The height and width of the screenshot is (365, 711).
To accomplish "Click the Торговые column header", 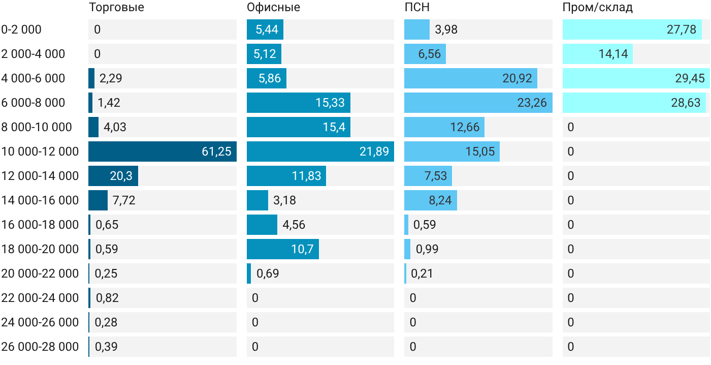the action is [x=116, y=7].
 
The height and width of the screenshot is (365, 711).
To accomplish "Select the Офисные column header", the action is [x=273, y=7].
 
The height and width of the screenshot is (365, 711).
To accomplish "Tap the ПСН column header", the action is [x=417, y=7].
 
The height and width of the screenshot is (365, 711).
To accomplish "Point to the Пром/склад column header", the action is [x=598, y=7].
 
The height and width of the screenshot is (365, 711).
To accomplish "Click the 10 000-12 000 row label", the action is [x=40, y=151].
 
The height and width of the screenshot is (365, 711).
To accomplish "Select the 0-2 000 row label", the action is [x=21, y=29].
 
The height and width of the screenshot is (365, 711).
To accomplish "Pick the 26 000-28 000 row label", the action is [x=40, y=347].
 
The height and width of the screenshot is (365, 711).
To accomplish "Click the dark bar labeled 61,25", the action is [x=163, y=151].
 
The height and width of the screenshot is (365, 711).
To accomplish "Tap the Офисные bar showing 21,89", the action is [x=320, y=151].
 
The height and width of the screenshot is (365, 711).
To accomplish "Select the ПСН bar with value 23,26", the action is [x=478, y=103].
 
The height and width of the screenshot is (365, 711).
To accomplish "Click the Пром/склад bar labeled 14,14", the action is [x=598, y=54].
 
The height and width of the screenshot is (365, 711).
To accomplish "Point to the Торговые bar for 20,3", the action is [x=113, y=176].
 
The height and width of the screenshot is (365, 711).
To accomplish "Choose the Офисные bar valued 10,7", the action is [x=283, y=249].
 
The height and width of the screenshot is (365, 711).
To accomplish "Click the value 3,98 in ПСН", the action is [x=446, y=29].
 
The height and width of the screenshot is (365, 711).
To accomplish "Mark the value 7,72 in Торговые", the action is [x=124, y=200].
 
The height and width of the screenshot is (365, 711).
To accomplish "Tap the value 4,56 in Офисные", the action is [x=294, y=225].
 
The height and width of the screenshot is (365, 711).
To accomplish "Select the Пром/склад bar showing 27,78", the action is [x=632, y=29].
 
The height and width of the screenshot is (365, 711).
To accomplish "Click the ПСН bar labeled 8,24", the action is [x=431, y=200].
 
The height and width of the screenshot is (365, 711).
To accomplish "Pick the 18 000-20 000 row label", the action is [x=40, y=249].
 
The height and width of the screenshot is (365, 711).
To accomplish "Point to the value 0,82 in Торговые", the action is [x=107, y=298].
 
